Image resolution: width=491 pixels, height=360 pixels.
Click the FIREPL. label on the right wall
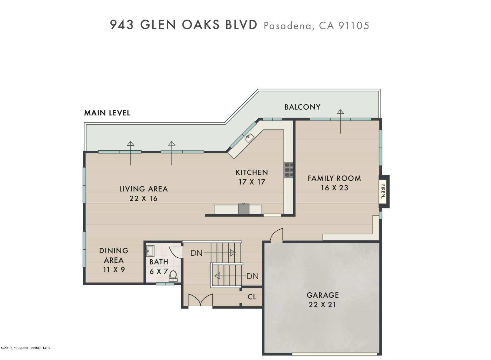(x=383, y=192)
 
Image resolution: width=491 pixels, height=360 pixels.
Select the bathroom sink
(x=150, y=251)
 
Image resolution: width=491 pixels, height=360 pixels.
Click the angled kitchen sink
(x=249, y=138)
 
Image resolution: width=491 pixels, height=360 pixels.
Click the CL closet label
(x=252, y=297)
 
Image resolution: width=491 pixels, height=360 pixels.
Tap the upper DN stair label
(x=196, y=253)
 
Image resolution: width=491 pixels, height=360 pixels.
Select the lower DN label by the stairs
(x=252, y=276)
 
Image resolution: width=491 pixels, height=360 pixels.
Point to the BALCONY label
(x=302, y=107)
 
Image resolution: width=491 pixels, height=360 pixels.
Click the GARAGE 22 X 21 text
(x=322, y=300)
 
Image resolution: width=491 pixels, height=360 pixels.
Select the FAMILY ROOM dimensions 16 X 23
(x=334, y=188)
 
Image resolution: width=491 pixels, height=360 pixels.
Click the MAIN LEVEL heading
(x=107, y=113)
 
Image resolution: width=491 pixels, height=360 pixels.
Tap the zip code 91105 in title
(x=354, y=26)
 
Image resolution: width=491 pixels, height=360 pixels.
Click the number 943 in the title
(x=121, y=25)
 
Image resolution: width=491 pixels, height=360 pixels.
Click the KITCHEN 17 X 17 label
(x=252, y=177)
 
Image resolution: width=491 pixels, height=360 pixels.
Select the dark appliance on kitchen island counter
(x=244, y=209)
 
